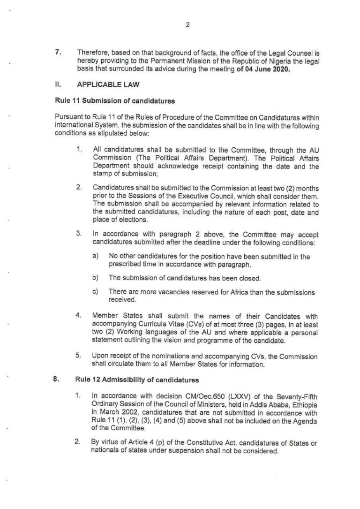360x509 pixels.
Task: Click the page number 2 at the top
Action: click(187, 26)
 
